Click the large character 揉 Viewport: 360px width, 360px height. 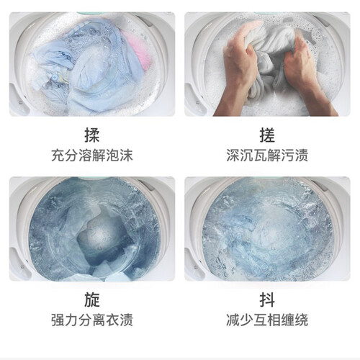click(92, 135)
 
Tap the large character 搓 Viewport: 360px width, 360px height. click(267, 135)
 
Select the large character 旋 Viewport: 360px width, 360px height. click(92, 300)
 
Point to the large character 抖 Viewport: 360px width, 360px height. click(267, 300)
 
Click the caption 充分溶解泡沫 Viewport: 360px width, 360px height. click(92, 156)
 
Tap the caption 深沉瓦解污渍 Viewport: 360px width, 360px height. click(267, 156)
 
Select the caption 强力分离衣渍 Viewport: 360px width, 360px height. click(92, 320)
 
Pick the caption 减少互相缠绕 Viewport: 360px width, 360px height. click(267, 320)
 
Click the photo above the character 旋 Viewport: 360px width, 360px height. click(92, 229)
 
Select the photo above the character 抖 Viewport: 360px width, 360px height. click(267, 229)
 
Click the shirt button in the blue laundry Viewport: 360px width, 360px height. click(55, 77)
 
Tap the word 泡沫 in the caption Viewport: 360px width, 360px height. click(120, 156)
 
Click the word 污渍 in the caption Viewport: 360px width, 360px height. click(294, 156)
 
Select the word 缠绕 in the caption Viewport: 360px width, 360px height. click(294, 320)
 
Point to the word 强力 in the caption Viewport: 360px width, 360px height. click(65, 320)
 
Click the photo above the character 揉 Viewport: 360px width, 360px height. click(92, 64)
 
